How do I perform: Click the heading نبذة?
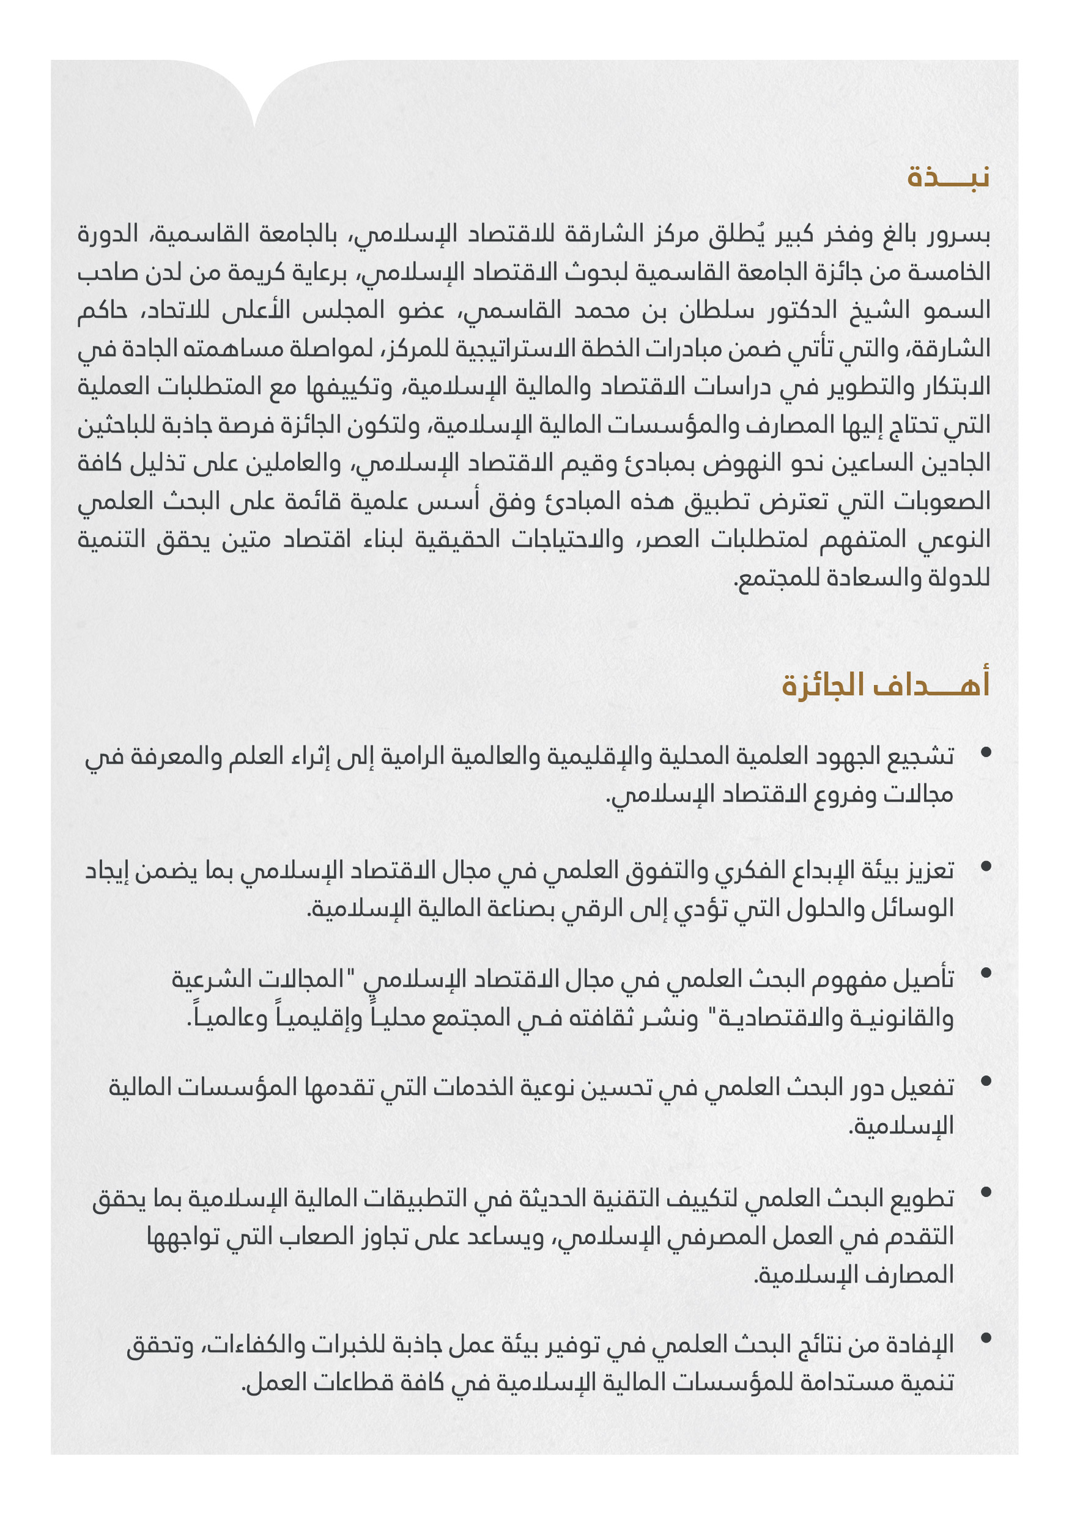point(947,178)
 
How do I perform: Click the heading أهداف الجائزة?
point(886,685)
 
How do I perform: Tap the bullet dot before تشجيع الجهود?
point(986,752)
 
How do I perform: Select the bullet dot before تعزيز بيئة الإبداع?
point(986,866)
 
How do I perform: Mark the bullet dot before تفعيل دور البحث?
point(986,1081)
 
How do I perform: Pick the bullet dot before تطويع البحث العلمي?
point(986,1192)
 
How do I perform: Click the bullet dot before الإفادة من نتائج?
point(986,1338)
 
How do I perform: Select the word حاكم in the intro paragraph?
point(102,310)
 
